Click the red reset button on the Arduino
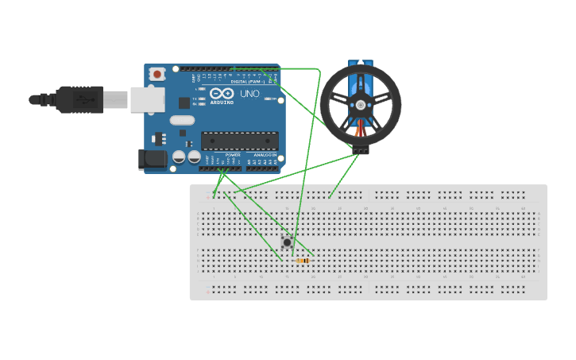(x=157, y=75)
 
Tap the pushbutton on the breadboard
(x=287, y=242)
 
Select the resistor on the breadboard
(x=303, y=261)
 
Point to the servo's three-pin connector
(x=361, y=150)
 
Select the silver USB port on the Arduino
(x=147, y=99)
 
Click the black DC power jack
(x=153, y=159)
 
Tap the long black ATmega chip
(x=240, y=141)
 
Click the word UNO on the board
(x=249, y=94)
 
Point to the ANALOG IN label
(x=265, y=155)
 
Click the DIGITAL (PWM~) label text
(x=248, y=82)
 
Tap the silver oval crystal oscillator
(x=182, y=121)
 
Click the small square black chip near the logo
(x=184, y=103)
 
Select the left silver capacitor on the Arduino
(x=180, y=157)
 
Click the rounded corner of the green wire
(x=317, y=71)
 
